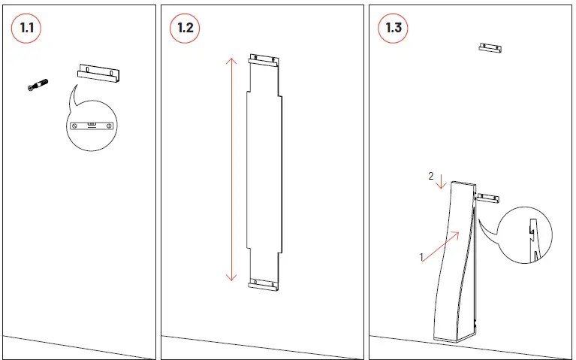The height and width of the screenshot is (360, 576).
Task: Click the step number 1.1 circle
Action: pyautogui.click(x=26, y=29)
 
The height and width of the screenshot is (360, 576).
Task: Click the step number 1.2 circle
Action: pyautogui.click(x=185, y=29)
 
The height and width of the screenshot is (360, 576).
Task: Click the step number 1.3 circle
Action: pyautogui.click(x=393, y=29)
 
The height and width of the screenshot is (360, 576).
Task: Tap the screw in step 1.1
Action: pyautogui.click(x=38, y=85)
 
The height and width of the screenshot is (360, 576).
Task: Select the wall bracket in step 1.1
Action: pyautogui.click(x=98, y=73)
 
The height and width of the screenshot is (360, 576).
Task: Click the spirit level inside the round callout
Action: pyautogui.click(x=92, y=126)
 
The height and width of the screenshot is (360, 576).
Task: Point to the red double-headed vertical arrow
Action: pyautogui.click(x=231, y=169)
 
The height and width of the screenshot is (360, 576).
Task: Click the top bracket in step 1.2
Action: pyautogui.click(x=264, y=60)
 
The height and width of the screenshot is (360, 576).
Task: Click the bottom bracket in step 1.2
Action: pyautogui.click(x=264, y=285)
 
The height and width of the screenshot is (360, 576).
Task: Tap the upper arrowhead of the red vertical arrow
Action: pyautogui.click(x=231, y=60)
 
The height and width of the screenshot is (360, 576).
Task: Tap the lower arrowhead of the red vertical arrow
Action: pyautogui.click(x=231, y=277)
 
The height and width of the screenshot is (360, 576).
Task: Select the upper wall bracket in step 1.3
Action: pyautogui.click(x=490, y=48)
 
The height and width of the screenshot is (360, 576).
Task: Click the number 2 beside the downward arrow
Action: pyautogui.click(x=431, y=177)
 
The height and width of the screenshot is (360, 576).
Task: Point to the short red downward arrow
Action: pyautogui.click(x=441, y=181)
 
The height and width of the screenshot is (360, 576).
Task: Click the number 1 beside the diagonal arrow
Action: pyautogui.click(x=421, y=257)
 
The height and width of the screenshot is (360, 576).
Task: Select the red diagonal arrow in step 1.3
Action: pyautogui.click(x=441, y=247)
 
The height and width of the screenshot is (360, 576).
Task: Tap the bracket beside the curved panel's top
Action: pyautogui.click(x=487, y=198)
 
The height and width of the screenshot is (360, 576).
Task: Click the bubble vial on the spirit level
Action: pyautogui.click(x=92, y=124)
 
